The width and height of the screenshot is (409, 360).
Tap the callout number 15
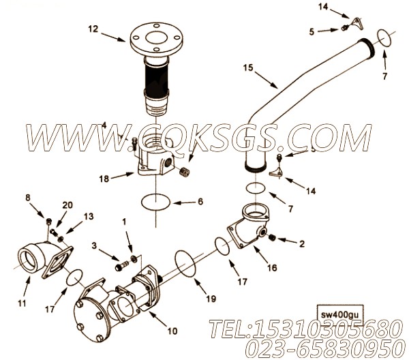[247, 67]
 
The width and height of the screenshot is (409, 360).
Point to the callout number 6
[200, 202]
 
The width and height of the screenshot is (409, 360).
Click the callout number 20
[67, 205]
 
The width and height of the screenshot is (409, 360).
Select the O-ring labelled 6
[157, 202]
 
